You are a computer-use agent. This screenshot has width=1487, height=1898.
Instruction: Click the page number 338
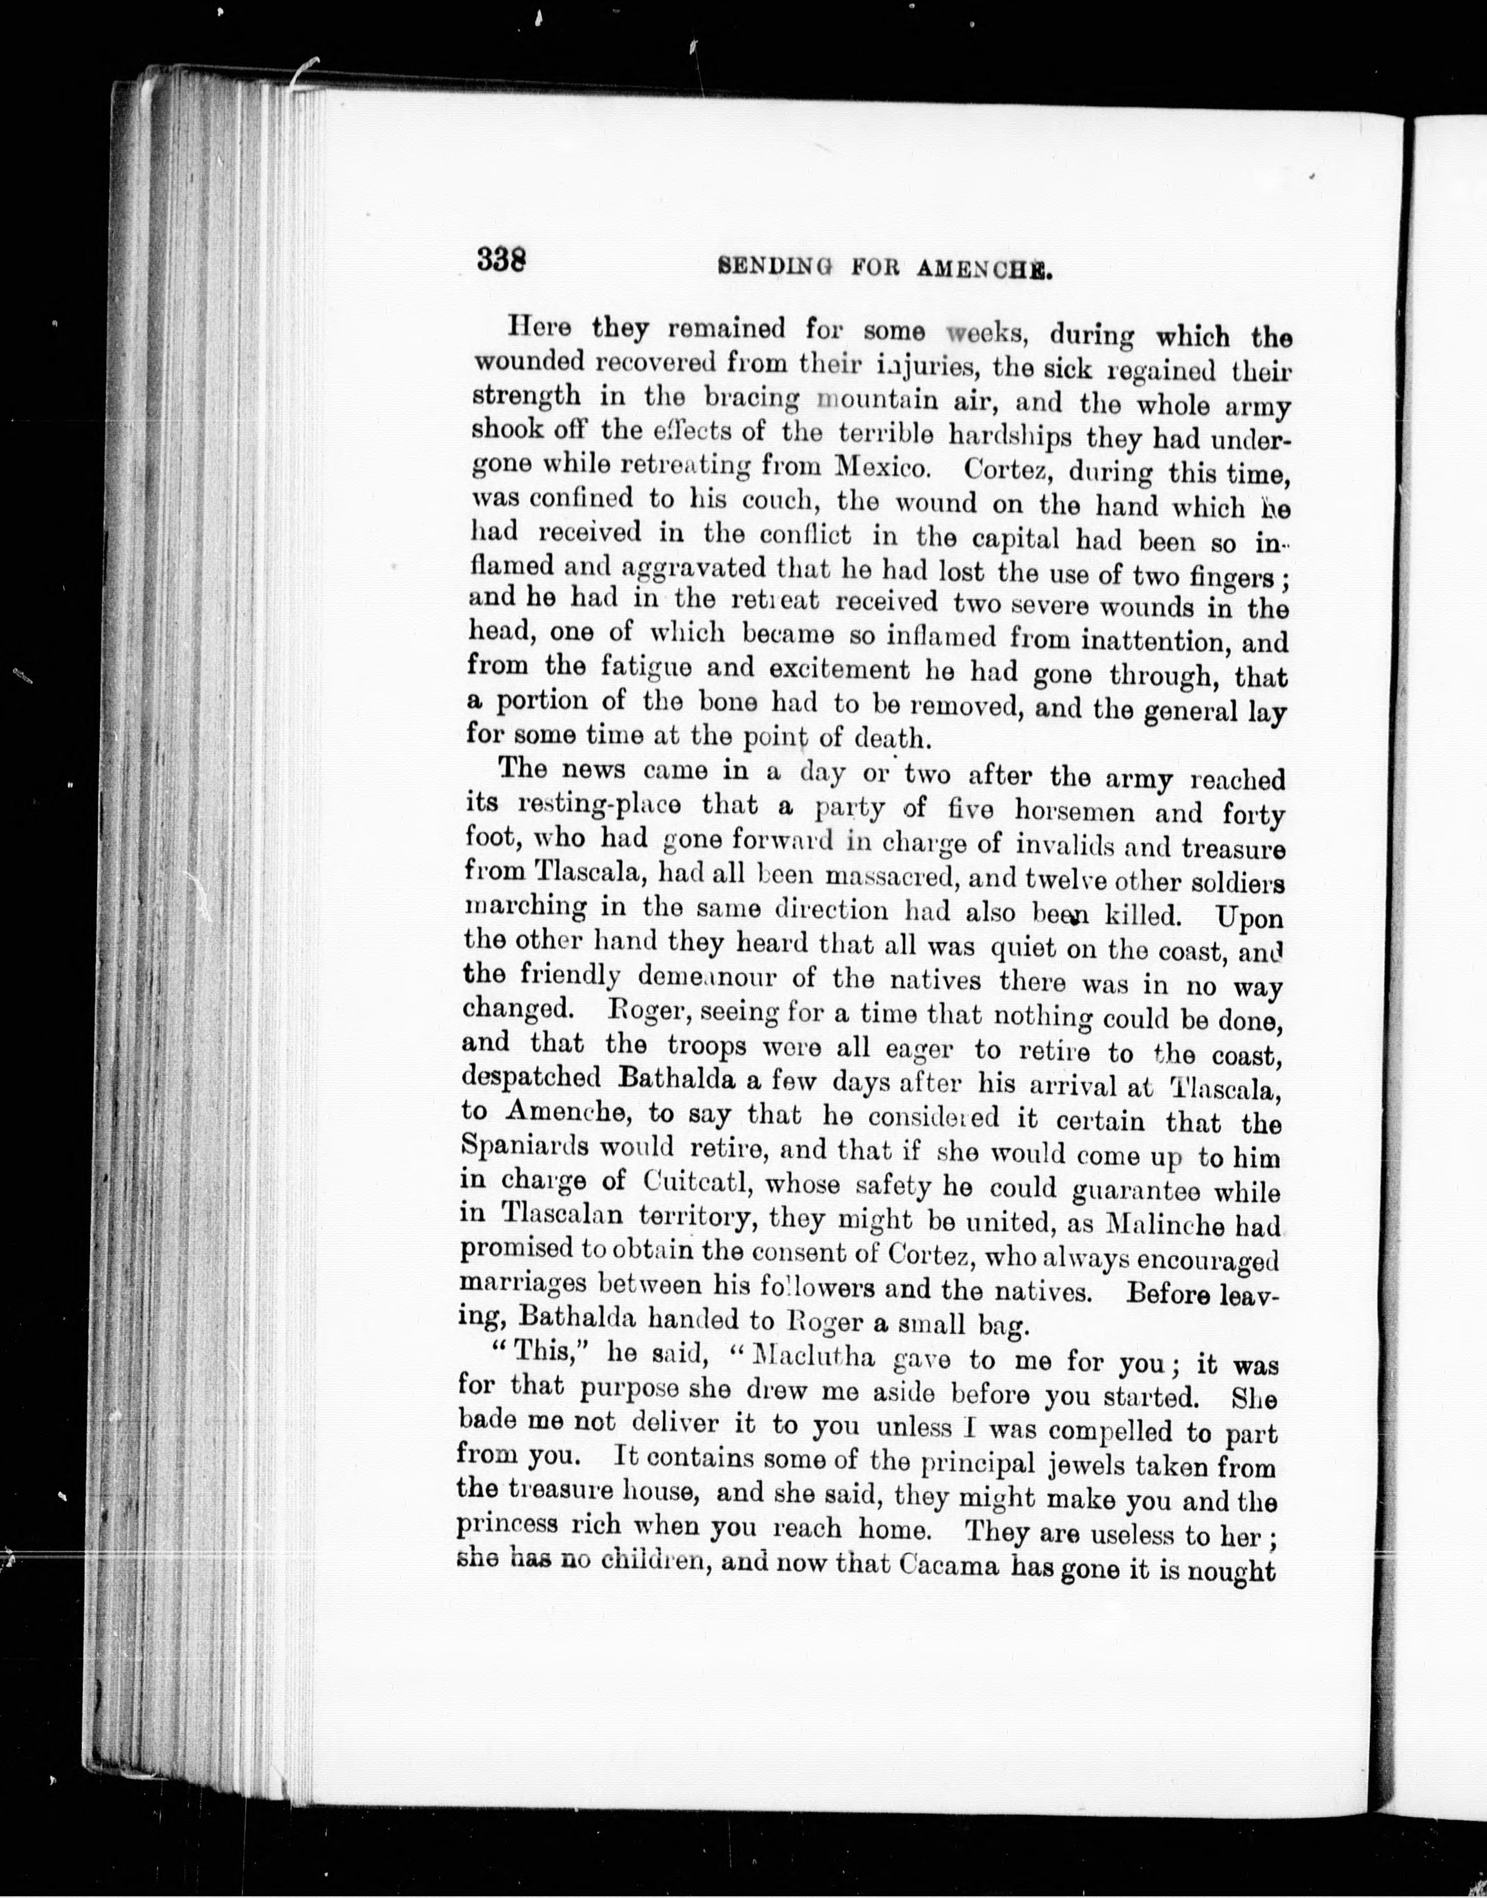(502, 260)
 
